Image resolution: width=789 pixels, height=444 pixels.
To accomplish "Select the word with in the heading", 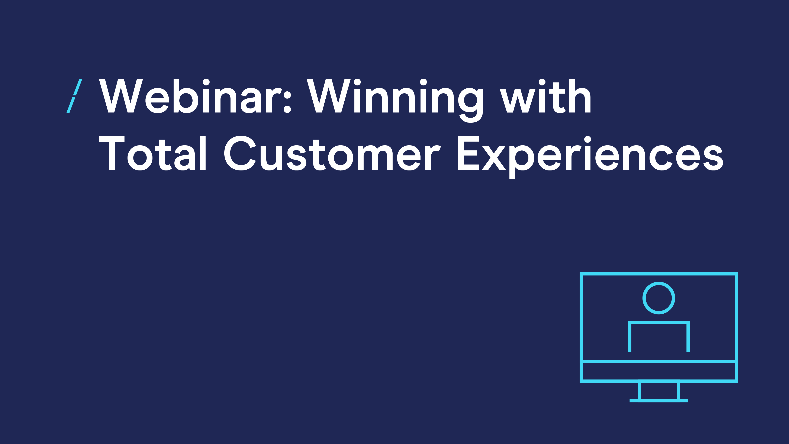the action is pyautogui.click(x=545, y=96).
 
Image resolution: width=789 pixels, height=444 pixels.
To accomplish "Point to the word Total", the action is pyautogui.click(x=152, y=153).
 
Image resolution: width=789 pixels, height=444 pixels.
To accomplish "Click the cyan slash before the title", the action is pyautogui.click(x=74, y=96).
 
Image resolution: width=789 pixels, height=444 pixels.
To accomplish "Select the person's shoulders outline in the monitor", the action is pyautogui.click(x=659, y=322).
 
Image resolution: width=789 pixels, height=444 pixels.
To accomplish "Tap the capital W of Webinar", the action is pyautogui.click(x=121, y=96).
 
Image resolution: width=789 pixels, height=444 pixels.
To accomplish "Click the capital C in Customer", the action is pyautogui.click(x=240, y=153).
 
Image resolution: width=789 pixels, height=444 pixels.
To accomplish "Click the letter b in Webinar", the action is pyautogui.click(x=185, y=96).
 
